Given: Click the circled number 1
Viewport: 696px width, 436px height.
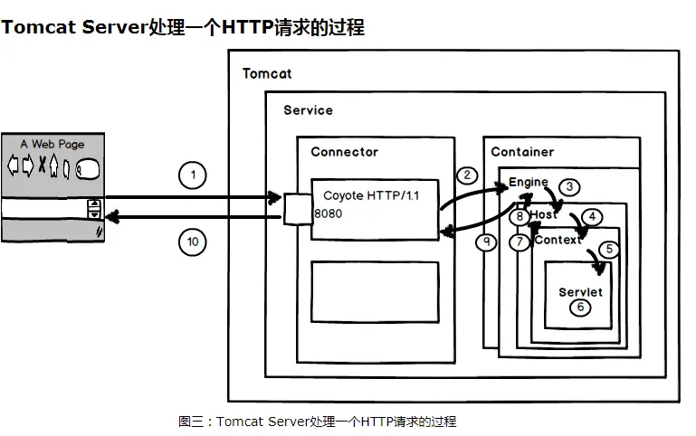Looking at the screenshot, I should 192,175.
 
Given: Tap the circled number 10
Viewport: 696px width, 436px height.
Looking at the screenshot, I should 192,242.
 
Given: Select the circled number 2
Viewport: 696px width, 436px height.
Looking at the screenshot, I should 467,175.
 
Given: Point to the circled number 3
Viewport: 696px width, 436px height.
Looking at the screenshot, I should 567,187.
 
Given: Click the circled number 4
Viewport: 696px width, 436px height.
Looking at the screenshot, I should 591,217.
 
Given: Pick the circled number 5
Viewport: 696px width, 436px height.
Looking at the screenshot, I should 609,247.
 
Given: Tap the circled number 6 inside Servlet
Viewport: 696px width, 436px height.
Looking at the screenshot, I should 580,308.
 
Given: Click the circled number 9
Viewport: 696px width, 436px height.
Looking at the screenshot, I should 488,242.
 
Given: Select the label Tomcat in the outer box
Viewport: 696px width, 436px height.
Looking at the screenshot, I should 267,73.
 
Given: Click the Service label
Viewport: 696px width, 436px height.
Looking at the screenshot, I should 308,110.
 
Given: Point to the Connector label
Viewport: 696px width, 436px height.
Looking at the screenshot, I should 344,152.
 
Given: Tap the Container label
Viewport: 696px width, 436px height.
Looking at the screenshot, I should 522,152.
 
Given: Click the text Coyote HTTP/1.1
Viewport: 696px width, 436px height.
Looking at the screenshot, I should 364,195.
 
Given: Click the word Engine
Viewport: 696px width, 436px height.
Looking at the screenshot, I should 529,182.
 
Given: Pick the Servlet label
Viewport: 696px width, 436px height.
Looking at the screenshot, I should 580,292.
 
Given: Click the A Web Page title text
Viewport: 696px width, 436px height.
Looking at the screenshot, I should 52,144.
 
